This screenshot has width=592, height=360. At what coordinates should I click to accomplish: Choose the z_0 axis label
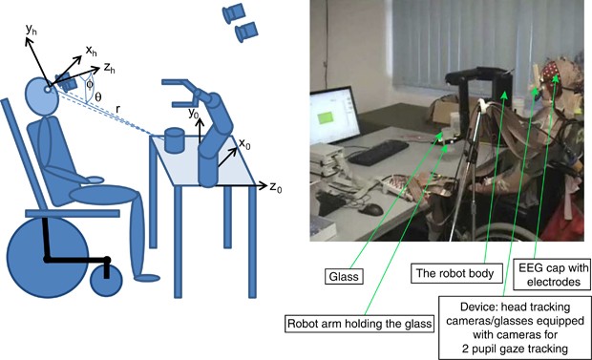point(278,187)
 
